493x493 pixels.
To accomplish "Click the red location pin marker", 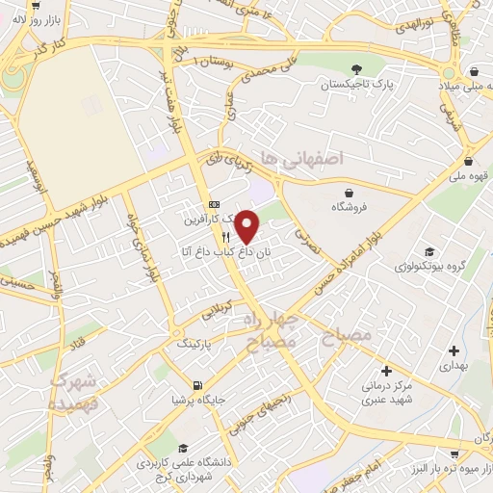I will tap(247, 227).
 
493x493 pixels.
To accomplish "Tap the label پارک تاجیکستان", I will tap(358, 84).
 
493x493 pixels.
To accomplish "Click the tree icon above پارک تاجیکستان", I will tap(358, 68).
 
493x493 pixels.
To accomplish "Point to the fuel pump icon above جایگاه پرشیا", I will tap(197, 385).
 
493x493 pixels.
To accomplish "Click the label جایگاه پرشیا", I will tap(197, 400).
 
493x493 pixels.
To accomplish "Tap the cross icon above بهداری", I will tap(454, 351).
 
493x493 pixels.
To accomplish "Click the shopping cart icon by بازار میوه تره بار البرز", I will tap(454, 452).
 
